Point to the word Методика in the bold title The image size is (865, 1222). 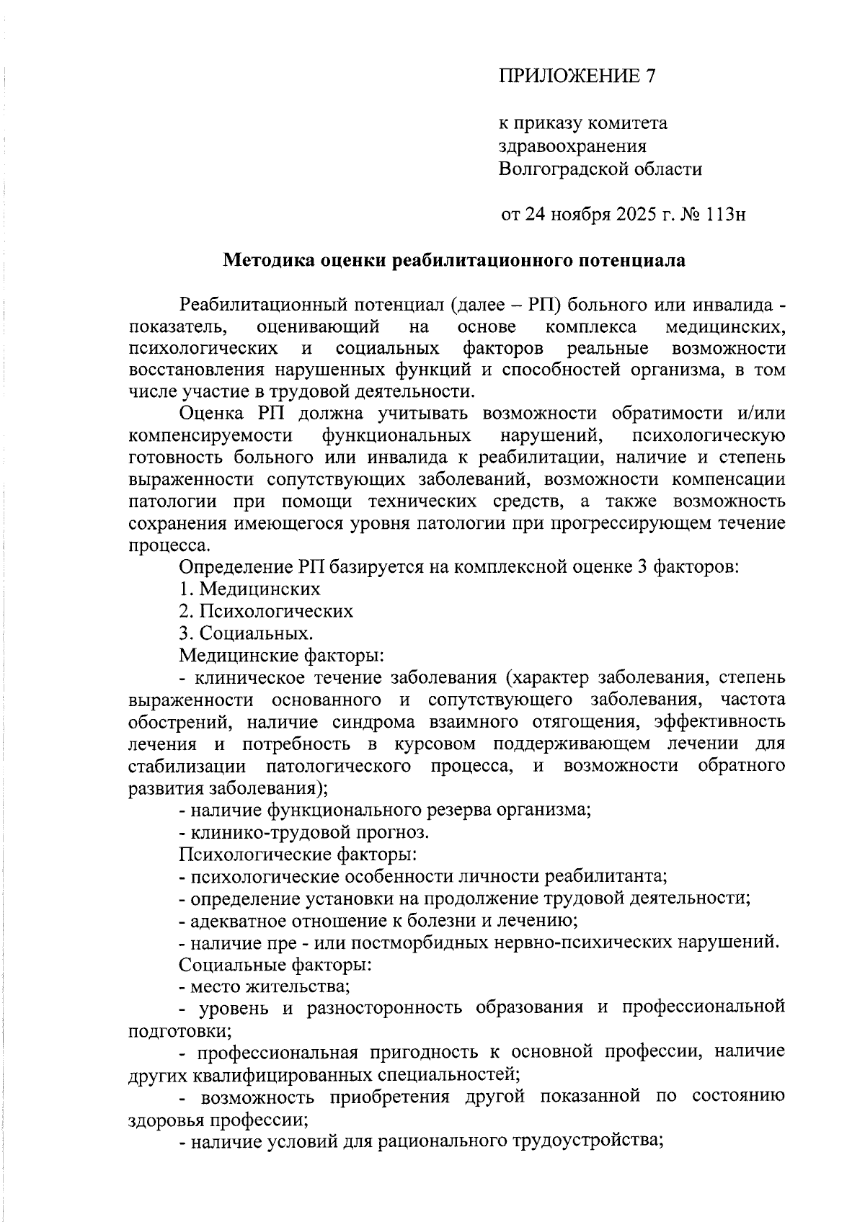coord(266,260)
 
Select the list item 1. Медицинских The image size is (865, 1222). coord(249,589)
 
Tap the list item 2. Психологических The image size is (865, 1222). coord(266,611)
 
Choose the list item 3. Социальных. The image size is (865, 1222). coord(247,633)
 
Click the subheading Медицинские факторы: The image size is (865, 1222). coord(280,656)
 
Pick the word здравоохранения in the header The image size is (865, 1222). coord(572,146)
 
